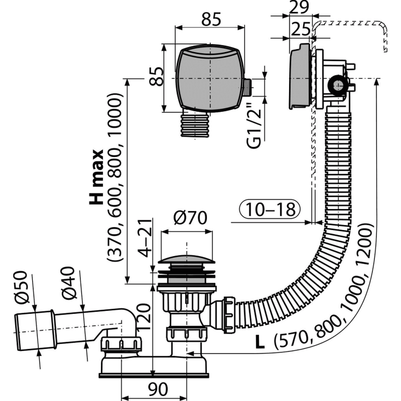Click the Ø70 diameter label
coord(190,219)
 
